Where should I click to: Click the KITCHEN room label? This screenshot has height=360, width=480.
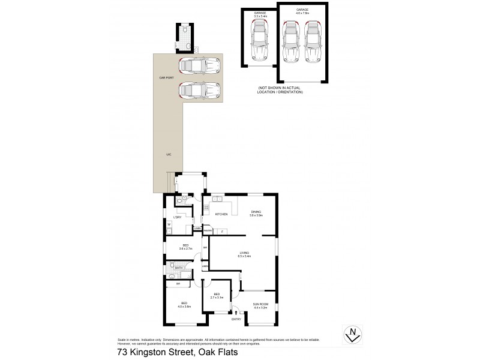click(x=221, y=214)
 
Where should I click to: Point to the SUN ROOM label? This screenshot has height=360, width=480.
click(x=260, y=306)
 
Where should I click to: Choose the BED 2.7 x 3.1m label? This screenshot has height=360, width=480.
click(x=217, y=295)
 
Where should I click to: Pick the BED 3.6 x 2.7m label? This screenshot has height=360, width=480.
click(x=184, y=247)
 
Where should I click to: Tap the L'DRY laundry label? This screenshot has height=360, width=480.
click(x=178, y=217)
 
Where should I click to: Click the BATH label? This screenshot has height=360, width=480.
click(x=179, y=268)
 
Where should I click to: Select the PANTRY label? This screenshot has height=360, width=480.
click(x=208, y=230)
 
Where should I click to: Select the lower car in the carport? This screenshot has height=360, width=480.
click(x=199, y=90)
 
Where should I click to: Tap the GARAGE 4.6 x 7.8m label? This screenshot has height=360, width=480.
click(x=302, y=12)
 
